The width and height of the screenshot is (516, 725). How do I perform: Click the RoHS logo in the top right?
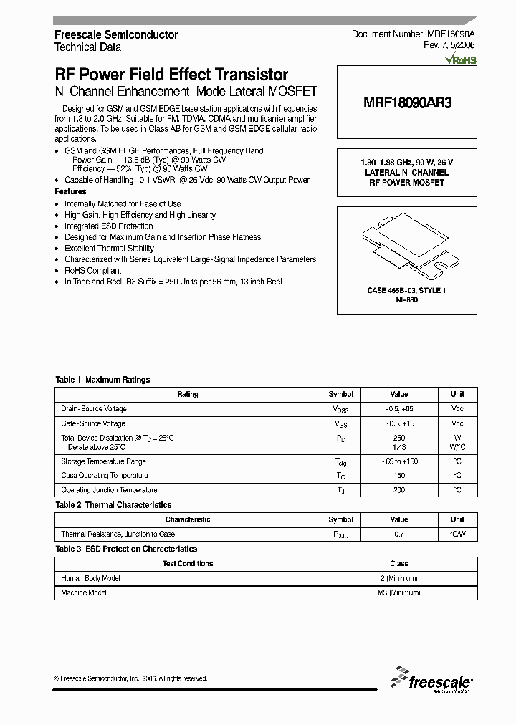coord(461,60)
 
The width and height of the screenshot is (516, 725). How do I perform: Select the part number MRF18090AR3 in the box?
coord(407,102)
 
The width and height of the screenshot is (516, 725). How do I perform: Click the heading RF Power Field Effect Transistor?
coord(171,75)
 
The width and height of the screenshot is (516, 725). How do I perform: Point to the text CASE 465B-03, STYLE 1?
coord(406,290)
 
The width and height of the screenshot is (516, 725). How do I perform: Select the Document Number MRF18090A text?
coord(414,34)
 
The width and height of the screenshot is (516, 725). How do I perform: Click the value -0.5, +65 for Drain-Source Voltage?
coord(399,408)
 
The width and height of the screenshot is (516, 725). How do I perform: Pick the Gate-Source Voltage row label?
coord(93,423)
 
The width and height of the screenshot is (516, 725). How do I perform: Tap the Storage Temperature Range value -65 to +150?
coord(399,461)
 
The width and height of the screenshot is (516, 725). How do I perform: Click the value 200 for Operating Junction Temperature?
coord(399,490)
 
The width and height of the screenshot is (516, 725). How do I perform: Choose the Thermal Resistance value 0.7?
coord(399,534)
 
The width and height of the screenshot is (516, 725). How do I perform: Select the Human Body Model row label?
coord(90,577)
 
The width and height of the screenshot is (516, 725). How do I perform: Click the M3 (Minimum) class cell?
coord(398,592)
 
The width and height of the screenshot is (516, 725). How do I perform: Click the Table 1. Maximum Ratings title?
coord(102,380)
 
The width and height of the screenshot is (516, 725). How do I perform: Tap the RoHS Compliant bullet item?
coord(92,271)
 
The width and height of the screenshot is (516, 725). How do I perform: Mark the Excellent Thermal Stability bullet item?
coord(109,249)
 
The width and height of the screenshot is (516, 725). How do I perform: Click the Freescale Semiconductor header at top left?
coord(116,34)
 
